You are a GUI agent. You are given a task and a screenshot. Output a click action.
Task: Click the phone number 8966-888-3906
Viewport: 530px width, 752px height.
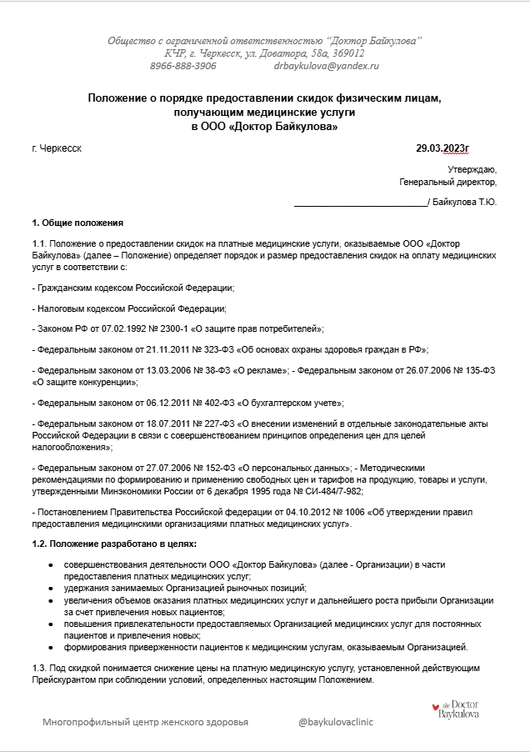point(182,65)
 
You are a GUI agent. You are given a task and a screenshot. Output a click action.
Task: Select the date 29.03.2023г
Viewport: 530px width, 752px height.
point(442,148)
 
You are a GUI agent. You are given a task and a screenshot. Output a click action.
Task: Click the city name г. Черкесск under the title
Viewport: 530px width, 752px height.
point(57,148)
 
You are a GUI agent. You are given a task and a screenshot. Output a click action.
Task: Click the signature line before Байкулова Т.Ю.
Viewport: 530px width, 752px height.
point(359,202)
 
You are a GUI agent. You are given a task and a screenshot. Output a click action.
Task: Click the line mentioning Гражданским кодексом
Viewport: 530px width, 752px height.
point(132,288)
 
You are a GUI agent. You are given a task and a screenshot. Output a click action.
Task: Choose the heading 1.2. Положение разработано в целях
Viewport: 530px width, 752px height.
point(113,544)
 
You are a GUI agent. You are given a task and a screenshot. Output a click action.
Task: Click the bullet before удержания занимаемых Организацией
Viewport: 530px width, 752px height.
point(53,588)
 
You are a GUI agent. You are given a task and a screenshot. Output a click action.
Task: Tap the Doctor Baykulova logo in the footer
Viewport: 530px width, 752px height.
point(455,710)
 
